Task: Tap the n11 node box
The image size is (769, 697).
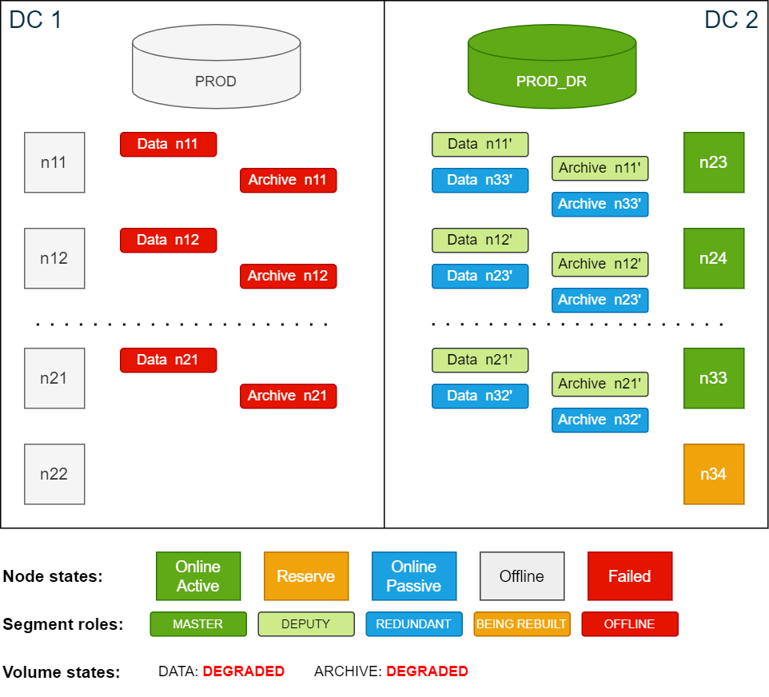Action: point(54,162)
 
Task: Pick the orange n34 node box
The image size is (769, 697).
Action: point(714,474)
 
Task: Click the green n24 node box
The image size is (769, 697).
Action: point(714,258)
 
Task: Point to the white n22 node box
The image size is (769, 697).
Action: point(54,474)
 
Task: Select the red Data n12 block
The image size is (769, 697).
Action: point(168,240)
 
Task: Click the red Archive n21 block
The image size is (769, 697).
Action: point(288,396)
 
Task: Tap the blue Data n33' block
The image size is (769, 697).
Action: point(480,180)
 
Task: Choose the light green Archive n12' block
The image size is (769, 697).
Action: point(600,264)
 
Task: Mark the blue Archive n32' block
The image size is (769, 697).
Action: point(600,420)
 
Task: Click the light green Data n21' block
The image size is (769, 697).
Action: point(480,360)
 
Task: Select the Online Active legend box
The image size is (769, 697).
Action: point(198,576)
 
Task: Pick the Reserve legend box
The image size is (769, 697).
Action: point(306,576)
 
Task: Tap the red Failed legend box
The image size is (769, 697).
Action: point(629,576)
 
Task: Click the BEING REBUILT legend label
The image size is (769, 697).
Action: point(521,623)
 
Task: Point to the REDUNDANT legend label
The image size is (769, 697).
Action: point(413,623)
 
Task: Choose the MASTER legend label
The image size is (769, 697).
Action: point(197,623)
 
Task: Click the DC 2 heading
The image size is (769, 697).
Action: point(731,20)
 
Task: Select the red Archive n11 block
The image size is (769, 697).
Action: point(288,180)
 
